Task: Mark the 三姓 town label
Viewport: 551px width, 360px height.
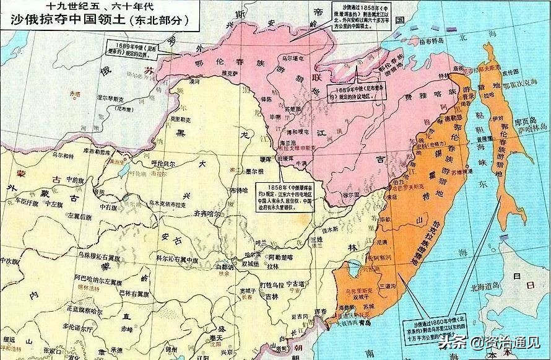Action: (x=317, y=239)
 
